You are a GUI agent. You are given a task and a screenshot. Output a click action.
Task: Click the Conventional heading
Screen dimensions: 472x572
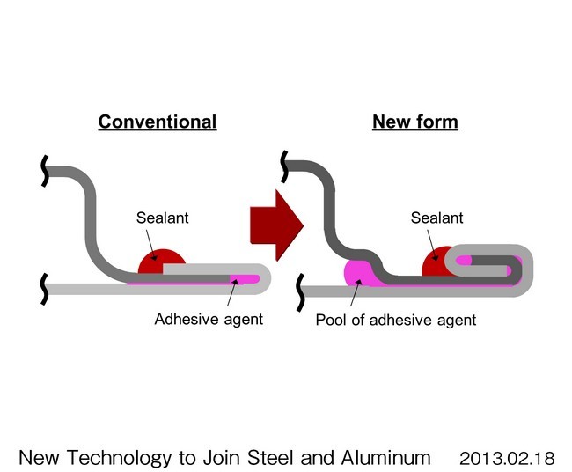(157, 122)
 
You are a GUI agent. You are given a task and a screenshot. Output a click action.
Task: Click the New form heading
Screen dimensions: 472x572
(415, 122)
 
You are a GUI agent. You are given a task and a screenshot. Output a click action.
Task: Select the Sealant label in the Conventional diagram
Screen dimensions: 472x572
(161, 218)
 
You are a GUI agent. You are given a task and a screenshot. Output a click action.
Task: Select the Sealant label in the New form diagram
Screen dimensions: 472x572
(437, 218)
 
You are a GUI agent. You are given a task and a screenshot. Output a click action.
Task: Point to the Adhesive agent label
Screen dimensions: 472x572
(209, 319)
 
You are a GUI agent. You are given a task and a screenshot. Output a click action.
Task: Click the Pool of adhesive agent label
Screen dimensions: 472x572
(396, 320)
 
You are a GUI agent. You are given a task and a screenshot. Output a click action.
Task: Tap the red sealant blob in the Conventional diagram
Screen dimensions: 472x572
(161, 262)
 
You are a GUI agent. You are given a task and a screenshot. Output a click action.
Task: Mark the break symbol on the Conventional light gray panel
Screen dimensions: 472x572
(45, 286)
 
